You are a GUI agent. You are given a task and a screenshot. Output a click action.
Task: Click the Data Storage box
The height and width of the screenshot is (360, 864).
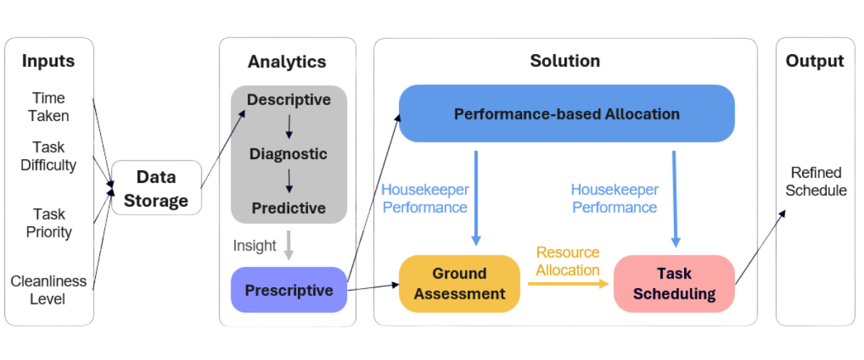[156, 188]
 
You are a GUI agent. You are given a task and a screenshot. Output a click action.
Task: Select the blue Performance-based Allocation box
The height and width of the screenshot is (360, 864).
[567, 114]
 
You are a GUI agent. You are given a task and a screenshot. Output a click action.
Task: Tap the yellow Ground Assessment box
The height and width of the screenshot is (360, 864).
[459, 284]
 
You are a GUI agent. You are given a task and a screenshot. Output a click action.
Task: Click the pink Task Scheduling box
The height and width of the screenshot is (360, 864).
[674, 284]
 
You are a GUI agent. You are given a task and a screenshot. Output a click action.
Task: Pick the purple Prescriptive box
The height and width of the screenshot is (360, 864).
[289, 290]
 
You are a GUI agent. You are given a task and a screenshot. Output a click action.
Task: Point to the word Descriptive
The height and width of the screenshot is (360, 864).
[289, 99]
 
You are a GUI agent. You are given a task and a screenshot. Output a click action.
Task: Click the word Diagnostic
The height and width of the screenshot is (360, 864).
[289, 154]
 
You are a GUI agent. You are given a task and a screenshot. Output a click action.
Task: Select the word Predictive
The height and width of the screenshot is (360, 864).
[289, 208]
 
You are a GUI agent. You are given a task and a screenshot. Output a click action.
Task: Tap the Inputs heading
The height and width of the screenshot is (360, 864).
[49, 61]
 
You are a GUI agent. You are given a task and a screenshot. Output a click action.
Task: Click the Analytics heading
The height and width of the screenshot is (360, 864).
[287, 62]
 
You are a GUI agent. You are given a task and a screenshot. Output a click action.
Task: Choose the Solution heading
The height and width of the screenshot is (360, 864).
[565, 60]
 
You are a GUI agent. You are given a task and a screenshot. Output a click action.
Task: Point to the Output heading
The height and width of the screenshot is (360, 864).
[814, 61]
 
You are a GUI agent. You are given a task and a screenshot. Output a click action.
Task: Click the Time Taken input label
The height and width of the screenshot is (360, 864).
[49, 107]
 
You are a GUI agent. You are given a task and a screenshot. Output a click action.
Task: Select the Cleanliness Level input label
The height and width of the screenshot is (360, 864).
[48, 289]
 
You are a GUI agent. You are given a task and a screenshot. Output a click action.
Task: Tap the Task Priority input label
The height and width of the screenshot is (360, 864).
[49, 223]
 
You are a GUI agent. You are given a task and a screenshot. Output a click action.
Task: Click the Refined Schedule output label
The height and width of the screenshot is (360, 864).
[816, 181]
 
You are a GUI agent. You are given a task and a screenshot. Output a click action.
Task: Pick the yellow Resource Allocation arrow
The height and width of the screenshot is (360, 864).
[568, 284]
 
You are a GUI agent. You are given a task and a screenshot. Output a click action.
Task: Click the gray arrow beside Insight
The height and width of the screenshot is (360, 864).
[289, 246]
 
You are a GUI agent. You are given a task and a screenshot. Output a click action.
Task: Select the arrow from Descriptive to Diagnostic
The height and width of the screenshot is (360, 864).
[289, 127]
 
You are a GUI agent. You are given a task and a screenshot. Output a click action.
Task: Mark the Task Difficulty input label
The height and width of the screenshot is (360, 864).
[48, 156]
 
